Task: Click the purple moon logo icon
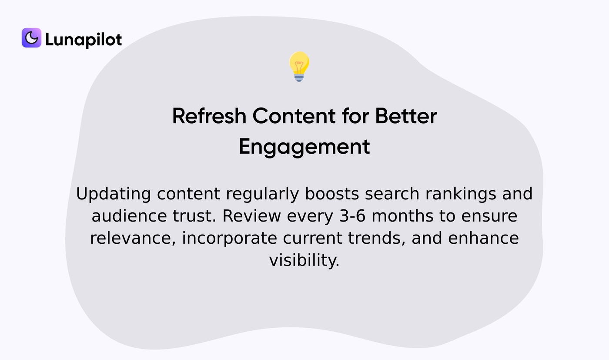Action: [x=31, y=37]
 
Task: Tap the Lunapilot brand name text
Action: [x=84, y=40]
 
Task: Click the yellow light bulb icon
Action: [x=299, y=67]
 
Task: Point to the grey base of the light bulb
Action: [x=299, y=78]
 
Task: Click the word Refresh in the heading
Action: [x=209, y=116]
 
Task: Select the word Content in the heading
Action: [x=294, y=116]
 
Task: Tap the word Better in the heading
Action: [x=406, y=116]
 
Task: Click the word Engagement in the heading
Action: [x=304, y=147]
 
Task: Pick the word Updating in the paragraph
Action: [x=114, y=194]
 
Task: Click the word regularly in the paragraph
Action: [x=262, y=194]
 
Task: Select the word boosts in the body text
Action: [x=332, y=194]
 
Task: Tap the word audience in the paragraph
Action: [x=129, y=216]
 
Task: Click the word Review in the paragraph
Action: [x=252, y=216]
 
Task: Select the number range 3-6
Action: [x=352, y=216]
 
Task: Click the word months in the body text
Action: [x=402, y=216]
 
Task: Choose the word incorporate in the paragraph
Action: [x=229, y=239]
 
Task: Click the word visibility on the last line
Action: [x=304, y=260]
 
